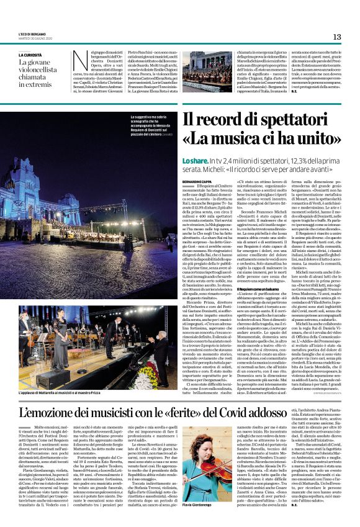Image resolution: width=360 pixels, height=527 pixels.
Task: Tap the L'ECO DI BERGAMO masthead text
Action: coord(32,34)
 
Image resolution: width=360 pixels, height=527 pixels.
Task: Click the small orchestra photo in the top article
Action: coord(207,71)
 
